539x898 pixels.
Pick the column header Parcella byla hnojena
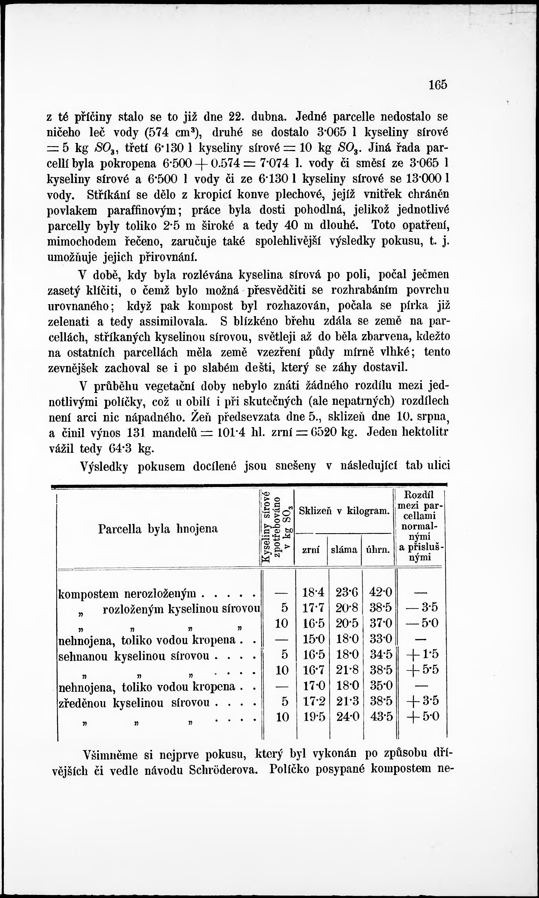coord(158,529)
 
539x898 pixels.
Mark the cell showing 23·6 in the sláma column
coord(347,593)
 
